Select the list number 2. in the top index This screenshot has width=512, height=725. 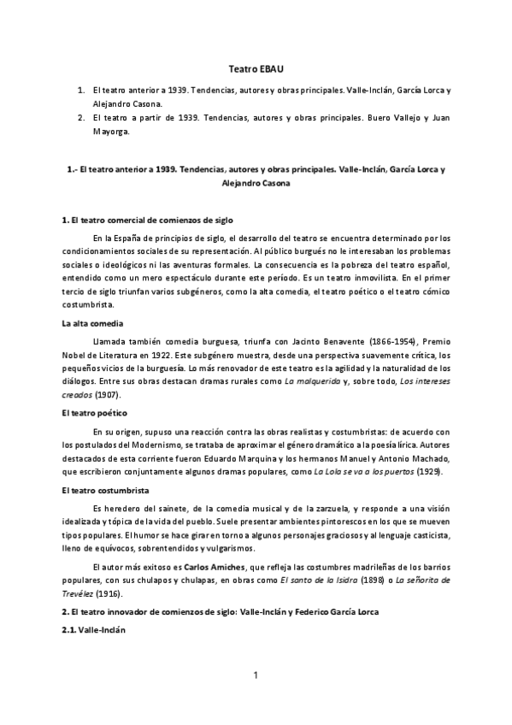(80, 117)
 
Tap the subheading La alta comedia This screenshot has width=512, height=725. (93, 323)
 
